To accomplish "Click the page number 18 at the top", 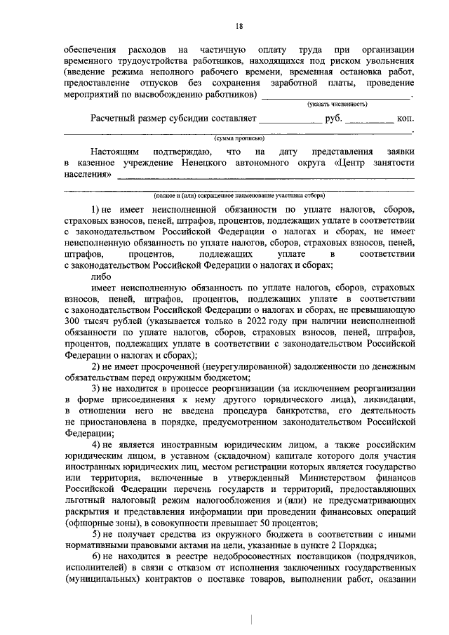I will pyautogui.click(x=239, y=27).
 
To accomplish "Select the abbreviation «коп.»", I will pyautogui.click(x=406, y=119).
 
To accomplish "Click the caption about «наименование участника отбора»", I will pyautogui.click(x=239, y=196).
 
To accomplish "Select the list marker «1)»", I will pyautogui.click(x=96, y=209).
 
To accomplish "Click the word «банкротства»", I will pyautogui.click(x=280, y=410).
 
